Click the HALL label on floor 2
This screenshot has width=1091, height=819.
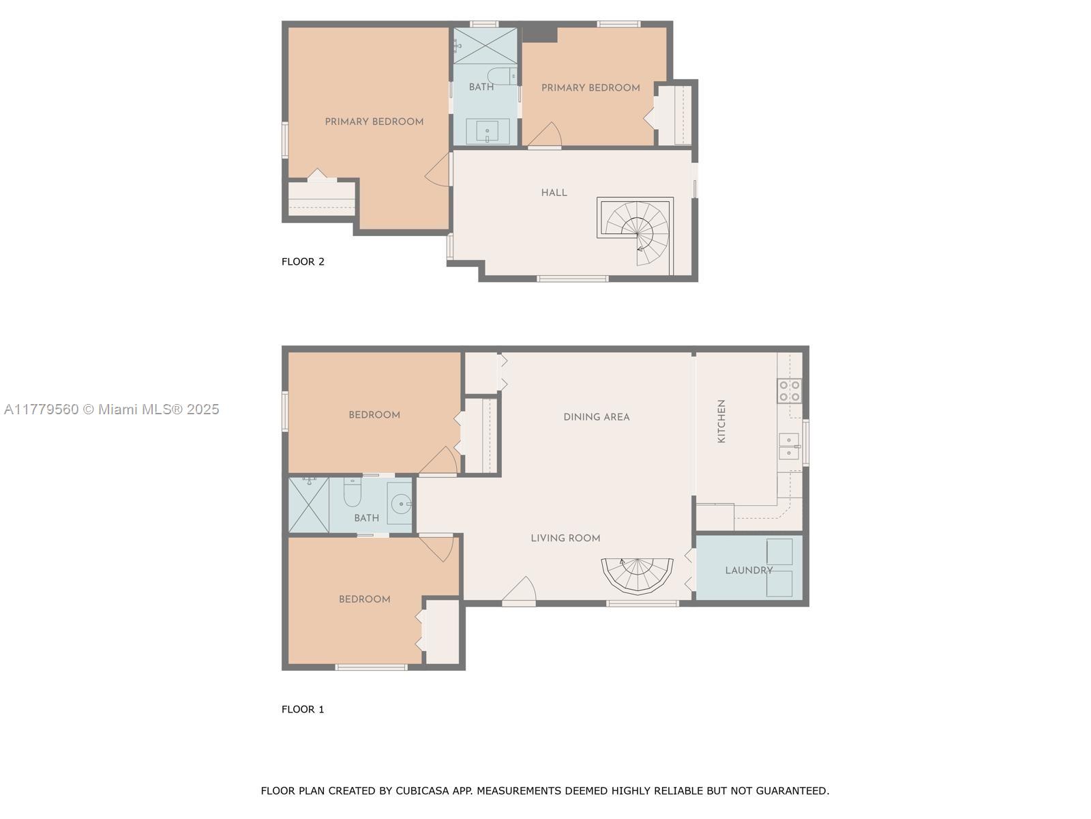click(554, 192)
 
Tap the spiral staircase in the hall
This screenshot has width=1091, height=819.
click(636, 233)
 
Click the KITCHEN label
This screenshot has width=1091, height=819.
click(721, 420)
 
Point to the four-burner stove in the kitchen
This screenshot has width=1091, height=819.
click(790, 391)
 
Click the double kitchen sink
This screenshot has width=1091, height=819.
click(790, 446)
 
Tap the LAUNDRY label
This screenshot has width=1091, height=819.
click(749, 570)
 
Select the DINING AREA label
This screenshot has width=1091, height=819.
click(597, 417)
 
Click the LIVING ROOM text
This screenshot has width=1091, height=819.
click(565, 538)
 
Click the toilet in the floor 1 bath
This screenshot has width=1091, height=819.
click(352, 491)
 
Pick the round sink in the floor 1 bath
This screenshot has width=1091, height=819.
click(401, 504)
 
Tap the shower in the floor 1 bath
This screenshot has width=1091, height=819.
click(309, 504)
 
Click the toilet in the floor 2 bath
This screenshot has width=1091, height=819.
click(502, 76)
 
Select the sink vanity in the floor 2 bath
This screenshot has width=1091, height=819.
click(487, 131)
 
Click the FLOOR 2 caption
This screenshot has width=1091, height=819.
click(303, 261)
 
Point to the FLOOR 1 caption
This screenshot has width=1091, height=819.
click(303, 709)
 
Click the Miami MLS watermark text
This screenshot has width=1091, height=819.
click(111, 409)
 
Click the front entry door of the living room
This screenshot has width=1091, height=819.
click(519, 591)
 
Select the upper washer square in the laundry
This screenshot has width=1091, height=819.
click(779, 551)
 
